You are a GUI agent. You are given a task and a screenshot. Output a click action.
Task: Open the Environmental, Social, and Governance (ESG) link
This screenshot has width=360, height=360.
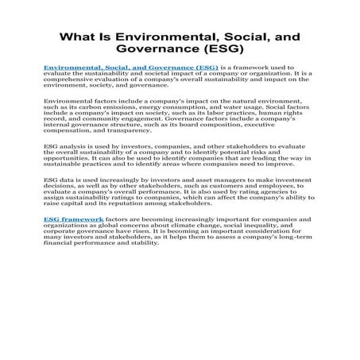click(131, 69)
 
